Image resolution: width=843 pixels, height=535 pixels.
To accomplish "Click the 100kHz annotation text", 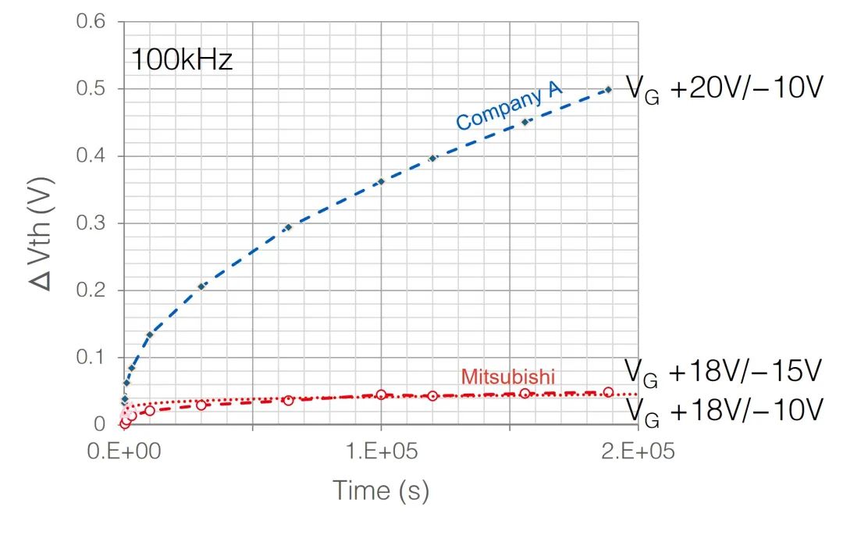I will (181, 60).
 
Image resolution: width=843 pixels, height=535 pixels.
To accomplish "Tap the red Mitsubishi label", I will (507, 376).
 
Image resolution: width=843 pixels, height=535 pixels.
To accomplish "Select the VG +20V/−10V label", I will (725, 89).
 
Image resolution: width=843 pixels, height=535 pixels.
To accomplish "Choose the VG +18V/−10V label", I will (725, 409).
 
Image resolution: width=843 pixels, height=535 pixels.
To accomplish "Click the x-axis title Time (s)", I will (381, 490).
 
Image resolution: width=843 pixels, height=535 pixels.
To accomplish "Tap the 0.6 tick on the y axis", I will (91, 22).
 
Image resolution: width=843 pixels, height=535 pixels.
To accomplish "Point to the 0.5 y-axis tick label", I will (91, 89).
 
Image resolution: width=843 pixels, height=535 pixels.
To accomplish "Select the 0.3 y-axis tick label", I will (91, 223).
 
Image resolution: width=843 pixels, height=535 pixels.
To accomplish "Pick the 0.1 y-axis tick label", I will (91, 358).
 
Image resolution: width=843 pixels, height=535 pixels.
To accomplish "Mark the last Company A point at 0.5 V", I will (608, 89).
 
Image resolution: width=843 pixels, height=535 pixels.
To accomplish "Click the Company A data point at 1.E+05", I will (381, 182).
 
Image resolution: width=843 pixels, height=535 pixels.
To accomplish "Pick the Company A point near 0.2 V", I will (201, 287).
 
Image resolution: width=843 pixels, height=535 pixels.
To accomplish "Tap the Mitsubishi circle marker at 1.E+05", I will (381, 394).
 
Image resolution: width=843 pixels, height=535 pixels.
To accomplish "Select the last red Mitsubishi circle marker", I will (608, 392).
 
